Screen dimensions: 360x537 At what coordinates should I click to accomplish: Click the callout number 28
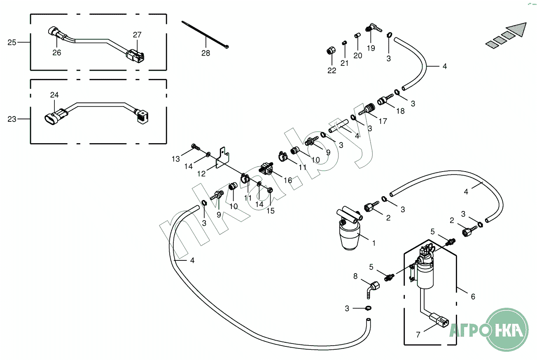click(205, 53)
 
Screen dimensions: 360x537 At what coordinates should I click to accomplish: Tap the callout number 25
click(12, 42)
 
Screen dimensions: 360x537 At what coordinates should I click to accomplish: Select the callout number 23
click(12, 119)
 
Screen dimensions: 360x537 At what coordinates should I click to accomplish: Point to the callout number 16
click(287, 180)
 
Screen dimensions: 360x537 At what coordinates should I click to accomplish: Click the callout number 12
click(201, 174)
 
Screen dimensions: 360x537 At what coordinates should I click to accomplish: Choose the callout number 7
click(418, 335)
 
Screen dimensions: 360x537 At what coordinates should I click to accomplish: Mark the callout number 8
click(355, 276)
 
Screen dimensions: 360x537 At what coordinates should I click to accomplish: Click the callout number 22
click(332, 70)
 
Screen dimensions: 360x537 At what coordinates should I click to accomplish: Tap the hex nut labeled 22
click(330, 51)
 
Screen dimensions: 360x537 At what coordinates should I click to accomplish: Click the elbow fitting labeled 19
click(372, 28)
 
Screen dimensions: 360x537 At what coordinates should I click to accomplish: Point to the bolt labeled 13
click(195, 146)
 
